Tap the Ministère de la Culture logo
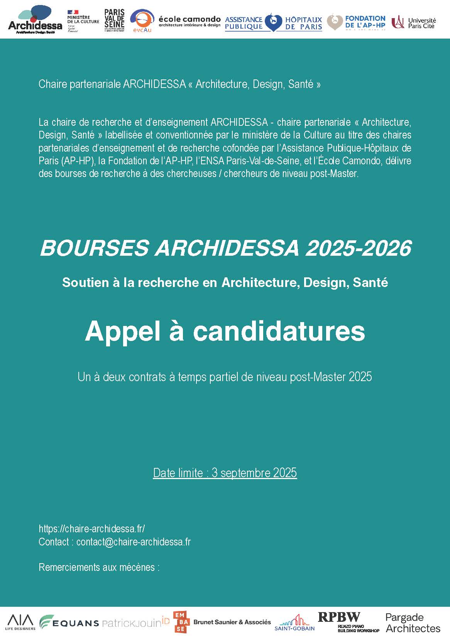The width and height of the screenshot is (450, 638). coord(83,21)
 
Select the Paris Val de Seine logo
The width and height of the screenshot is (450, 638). coord(114,20)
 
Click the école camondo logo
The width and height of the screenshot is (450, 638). coord(189,21)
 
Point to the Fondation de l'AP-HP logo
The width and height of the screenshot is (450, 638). coord(356,22)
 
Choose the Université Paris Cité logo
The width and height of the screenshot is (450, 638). coord(414,22)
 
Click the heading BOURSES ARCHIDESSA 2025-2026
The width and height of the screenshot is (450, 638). coord(225,248)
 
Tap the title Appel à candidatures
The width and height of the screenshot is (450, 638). coord(225,331)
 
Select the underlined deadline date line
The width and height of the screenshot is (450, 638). coord(225,473)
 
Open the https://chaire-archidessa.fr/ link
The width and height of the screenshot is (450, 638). coord(92,528)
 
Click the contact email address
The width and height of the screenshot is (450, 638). coord(134,542)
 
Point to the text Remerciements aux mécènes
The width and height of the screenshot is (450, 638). coord(99,567)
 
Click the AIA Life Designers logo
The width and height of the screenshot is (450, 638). coord(20,622)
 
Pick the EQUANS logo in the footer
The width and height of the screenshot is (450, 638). coord(69,622)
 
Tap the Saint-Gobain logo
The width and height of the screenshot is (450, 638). coord(294,623)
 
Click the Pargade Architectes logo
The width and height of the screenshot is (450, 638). coord(413,623)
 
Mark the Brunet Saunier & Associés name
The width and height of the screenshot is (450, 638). coord(232,622)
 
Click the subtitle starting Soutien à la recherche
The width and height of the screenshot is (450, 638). coord(225,282)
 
